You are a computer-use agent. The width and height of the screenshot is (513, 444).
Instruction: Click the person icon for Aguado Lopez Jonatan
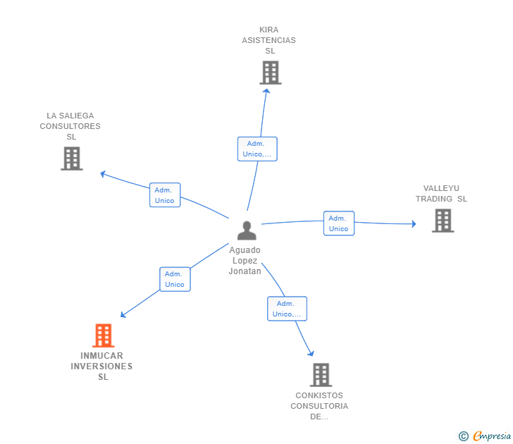pyautogui.click(x=247, y=230)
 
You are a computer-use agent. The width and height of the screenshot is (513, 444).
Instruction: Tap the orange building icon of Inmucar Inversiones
pyautogui.click(x=103, y=335)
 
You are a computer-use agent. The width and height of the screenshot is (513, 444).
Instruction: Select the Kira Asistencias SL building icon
pyautogui.click(x=270, y=72)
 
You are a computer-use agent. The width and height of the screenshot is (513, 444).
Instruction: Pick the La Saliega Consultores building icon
pyautogui.click(x=71, y=159)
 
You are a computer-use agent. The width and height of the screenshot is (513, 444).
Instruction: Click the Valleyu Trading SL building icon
pyautogui.click(x=443, y=221)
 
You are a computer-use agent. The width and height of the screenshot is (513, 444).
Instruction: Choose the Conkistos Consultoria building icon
pyautogui.click(x=321, y=374)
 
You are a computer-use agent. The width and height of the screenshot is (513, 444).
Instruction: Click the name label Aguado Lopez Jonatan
pyautogui.click(x=245, y=261)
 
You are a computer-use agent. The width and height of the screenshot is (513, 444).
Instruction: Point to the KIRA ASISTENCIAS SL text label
pyautogui.click(x=269, y=40)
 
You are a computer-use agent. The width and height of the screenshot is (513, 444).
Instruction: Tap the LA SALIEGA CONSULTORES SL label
pyautogui.click(x=70, y=126)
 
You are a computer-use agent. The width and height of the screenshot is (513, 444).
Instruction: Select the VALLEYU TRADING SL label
pyautogui.click(x=441, y=194)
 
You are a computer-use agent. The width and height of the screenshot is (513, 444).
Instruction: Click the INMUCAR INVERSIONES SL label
pyautogui.click(x=102, y=366)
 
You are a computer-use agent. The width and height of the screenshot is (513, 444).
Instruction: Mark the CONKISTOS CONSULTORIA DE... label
pyautogui.click(x=319, y=406)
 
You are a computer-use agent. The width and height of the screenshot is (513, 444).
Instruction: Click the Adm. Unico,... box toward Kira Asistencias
pyautogui.click(x=257, y=149)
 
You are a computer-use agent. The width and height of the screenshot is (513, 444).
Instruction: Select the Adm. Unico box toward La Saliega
pyautogui.click(x=164, y=195)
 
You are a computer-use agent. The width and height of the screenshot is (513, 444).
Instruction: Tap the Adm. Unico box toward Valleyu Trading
pyautogui.click(x=339, y=223)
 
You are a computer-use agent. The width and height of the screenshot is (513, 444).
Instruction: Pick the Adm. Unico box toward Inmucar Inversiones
pyautogui.click(x=174, y=279)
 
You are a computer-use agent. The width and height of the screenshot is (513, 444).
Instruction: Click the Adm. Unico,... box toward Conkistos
pyautogui.click(x=287, y=309)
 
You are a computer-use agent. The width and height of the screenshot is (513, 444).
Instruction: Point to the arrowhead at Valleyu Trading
pyautogui.click(x=414, y=224)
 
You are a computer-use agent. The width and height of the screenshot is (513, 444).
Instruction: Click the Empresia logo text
pyautogui.click(x=492, y=436)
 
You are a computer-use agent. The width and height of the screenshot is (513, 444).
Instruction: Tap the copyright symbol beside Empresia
pyautogui.click(x=463, y=436)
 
